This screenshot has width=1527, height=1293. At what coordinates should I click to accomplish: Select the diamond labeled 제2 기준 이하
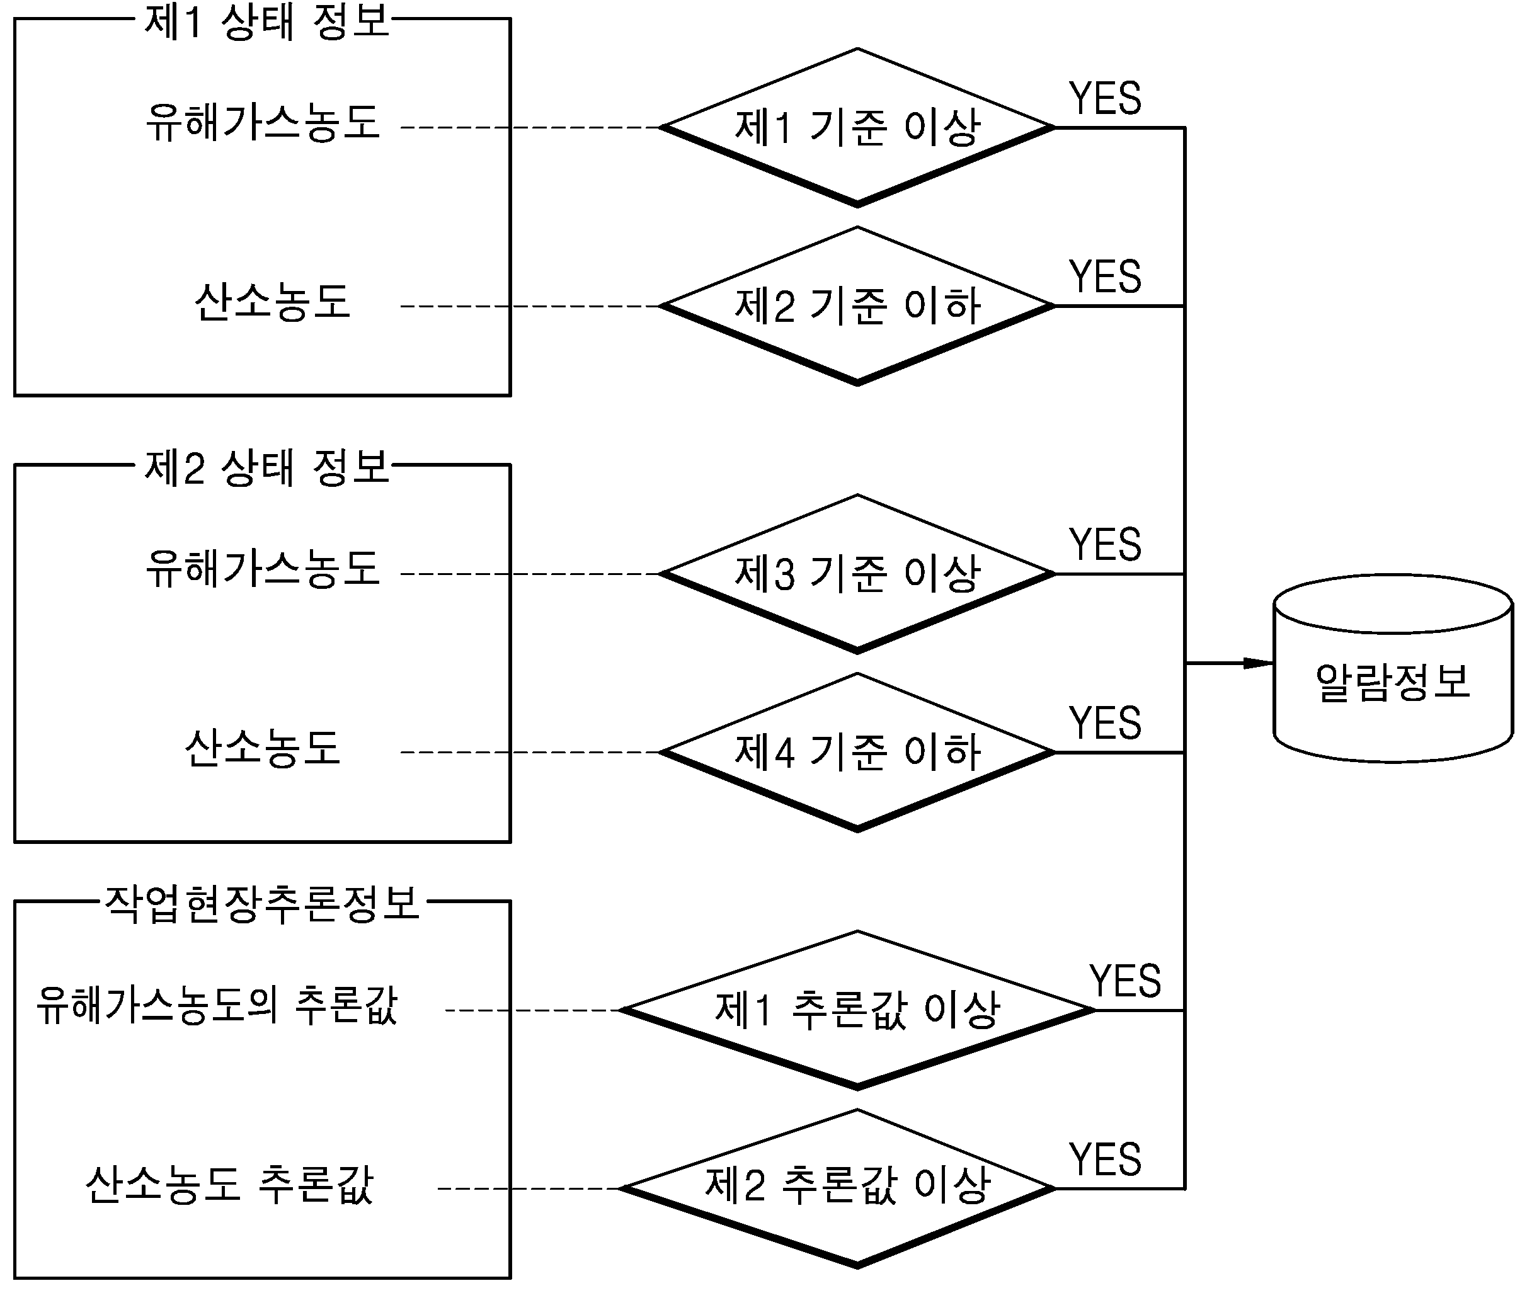(x=857, y=305)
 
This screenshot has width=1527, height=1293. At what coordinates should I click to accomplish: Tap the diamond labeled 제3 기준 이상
(x=857, y=574)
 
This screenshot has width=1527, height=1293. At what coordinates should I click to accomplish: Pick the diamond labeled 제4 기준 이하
(x=857, y=752)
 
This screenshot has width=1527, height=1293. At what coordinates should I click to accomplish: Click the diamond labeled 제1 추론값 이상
(x=857, y=1010)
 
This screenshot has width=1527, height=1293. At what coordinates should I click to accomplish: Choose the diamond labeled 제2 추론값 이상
(x=837, y=1188)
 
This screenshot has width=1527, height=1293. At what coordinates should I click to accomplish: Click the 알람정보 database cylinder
(x=1393, y=668)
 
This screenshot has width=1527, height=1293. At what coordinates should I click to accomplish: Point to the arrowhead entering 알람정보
(x=1259, y=663)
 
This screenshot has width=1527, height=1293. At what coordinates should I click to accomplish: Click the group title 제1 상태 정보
(x=266, y=21)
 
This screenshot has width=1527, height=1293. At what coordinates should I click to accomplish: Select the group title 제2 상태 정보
(x=266, y=467)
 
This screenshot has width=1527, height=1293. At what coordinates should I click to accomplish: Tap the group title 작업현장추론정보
(x=261, y=903)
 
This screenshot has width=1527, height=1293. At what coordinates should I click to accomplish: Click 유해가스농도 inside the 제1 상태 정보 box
(x=263, y=122)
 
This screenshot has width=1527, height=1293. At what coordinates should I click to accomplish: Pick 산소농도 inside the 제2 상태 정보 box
(x=263, y=748)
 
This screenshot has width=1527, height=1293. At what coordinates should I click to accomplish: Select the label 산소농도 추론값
(x=229, y=1184)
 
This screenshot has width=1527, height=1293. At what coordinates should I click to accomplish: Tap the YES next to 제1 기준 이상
(x=1105, y=98)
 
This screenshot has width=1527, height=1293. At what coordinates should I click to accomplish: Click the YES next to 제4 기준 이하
(x=1105, y=723)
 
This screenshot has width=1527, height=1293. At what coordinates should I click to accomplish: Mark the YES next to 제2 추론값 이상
(x=1105, y=1159)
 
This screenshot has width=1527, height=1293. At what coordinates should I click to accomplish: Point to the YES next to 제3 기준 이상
(x=1105, y=545)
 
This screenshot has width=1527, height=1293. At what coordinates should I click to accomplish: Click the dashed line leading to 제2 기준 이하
(x=530, y=305)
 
